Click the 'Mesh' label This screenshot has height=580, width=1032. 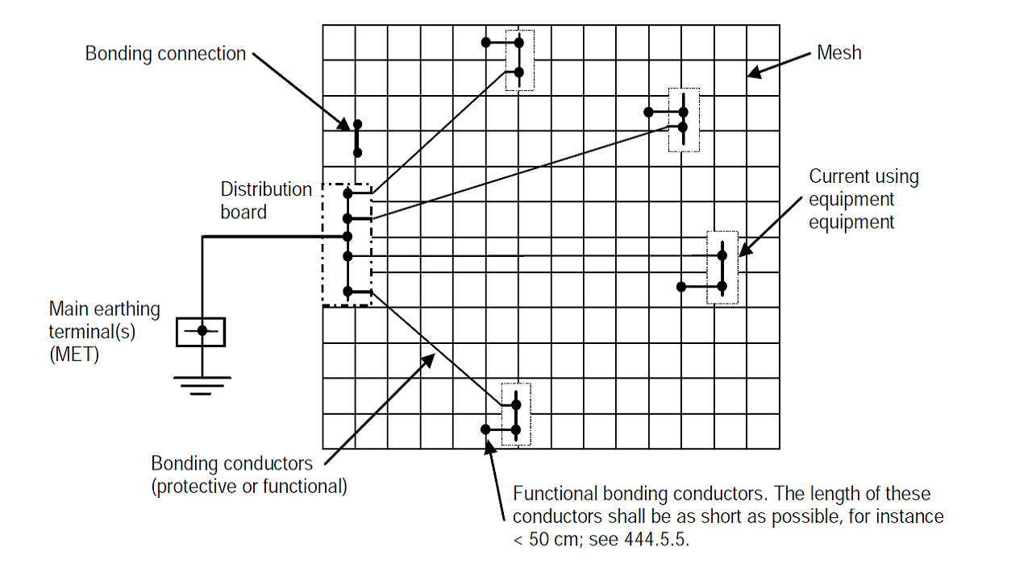pyautogui.click(x=839, y=52)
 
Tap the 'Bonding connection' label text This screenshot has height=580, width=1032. pyautogui.click(x=165, y=54)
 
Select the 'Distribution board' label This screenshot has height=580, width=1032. pyautogui.click(x=266, y=201)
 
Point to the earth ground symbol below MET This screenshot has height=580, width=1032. pyautogui.click(x=202, y=386)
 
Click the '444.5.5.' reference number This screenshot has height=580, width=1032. pyautogui.click(x=656, y=540)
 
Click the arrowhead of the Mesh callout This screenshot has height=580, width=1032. pyautogui.click(x=753, y=73)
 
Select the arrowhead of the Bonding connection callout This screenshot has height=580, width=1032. pyautogui.click(x=344, y=125)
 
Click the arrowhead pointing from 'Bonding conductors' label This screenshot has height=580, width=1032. pyautogui.click(x=428, y=360)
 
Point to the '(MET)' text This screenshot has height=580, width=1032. pyautogui.click(x=74, y=354)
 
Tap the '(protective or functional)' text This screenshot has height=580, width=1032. pyautogui.click(x=249, y=487)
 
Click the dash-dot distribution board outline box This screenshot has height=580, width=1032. pyautogui.click(x=323, y=244)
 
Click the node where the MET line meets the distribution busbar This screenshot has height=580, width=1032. pyautogui.click(x=347, y=237)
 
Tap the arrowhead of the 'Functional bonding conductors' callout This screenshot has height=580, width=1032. pyautogui.click(x=489, y=446)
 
